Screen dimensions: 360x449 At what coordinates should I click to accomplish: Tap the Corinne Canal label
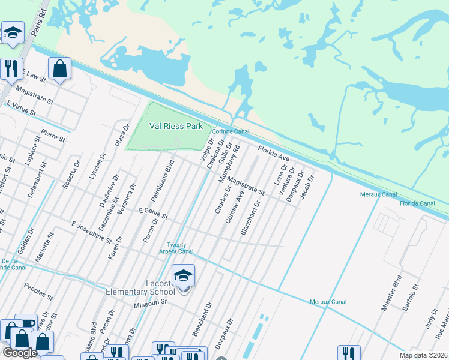(x=230, y=130)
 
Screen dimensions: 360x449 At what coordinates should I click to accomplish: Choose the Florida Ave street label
(x=274, y=154)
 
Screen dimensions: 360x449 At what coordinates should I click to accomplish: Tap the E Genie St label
(x=153, y=212)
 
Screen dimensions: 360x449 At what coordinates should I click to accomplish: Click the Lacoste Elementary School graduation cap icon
(x=184, y=276)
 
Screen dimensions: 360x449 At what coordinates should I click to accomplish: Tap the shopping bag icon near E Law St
(x=60, y=68)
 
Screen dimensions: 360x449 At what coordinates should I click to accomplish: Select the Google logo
(x=19, y=353)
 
